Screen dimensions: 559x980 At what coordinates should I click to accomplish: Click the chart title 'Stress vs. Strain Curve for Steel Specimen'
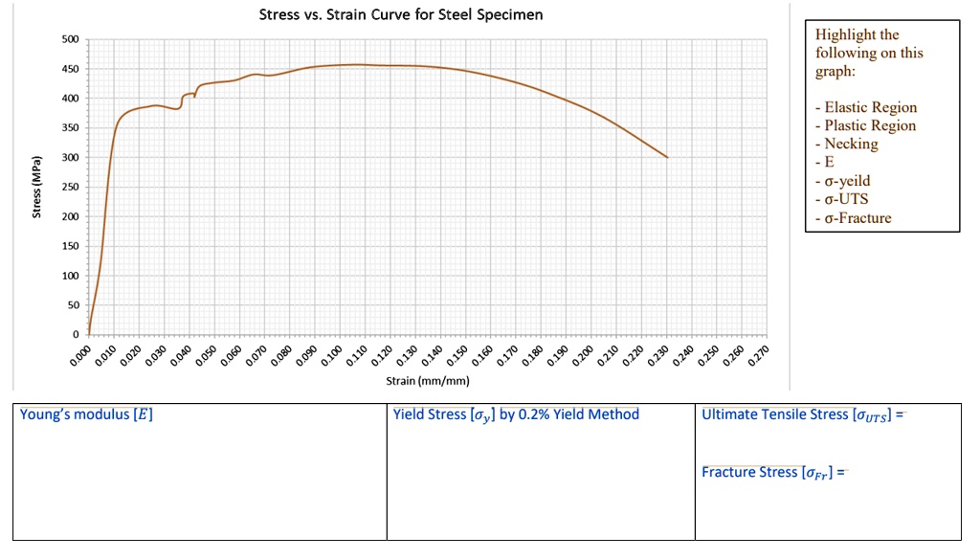click(x=401, y=15)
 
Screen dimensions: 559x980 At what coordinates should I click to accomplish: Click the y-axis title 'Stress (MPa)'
click(x=36, y=187)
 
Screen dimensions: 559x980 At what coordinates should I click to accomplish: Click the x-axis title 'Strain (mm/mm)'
click(x=427, y=381)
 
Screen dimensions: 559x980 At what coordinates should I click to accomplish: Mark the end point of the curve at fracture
click(x=667, y=157)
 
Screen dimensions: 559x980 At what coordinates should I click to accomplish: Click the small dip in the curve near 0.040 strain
click(x=195, y=96)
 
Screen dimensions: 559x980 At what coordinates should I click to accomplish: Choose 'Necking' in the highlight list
click(x=851, y=144)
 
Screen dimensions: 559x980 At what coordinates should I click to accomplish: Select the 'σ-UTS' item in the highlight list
click(x=846, y=199)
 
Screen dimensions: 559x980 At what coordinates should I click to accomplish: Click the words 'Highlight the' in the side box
click(x=857, y=34)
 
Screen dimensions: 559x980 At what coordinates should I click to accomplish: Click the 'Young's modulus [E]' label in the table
click(x=86, y=414)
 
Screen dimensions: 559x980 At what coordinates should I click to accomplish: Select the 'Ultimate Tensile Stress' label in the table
click(x=775, y=414)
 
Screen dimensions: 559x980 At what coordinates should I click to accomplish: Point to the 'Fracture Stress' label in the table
click(x=749, y=472)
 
